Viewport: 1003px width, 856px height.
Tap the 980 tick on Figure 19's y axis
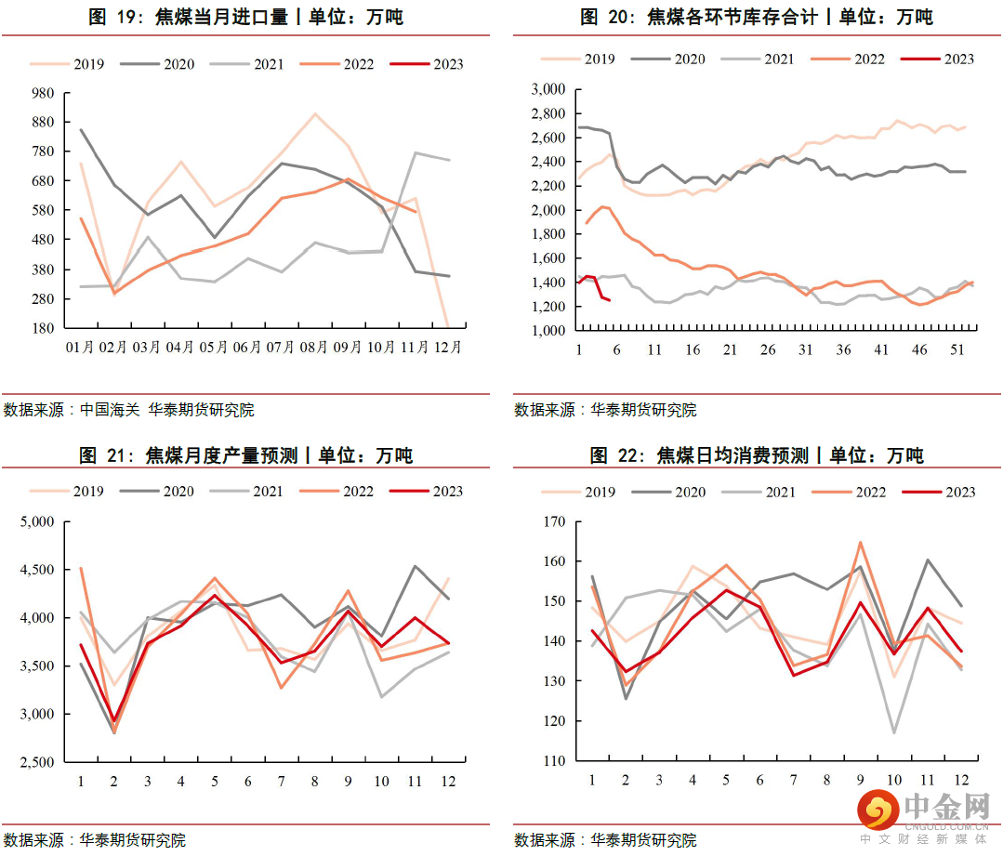pyautogui.click(x=44, y=94)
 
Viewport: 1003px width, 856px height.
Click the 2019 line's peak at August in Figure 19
pyautogui.click(x=315, y=114)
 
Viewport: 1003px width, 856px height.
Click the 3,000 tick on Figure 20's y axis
pyautogui.click(x=548, y=89)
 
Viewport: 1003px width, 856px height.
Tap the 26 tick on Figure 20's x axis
pyautogui.click(x=768, y=349)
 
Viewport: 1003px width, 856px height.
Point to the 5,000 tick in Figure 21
pyautogui.click(x=39, y=521)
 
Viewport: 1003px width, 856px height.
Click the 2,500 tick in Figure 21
pyautogui.click(x=39, y=762)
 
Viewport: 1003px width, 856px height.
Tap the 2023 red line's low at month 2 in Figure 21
pyautogui.click(x=113, y=720)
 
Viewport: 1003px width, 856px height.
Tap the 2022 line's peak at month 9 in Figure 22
pyautogui.click(x=860, y=542)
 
